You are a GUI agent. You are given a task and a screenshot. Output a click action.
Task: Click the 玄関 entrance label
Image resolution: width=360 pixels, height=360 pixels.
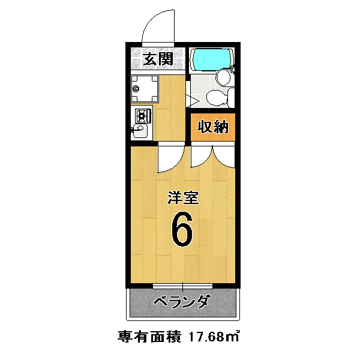(x=158, y=59)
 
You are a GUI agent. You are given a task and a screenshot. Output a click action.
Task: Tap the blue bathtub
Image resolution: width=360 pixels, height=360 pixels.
(x=212, y=59)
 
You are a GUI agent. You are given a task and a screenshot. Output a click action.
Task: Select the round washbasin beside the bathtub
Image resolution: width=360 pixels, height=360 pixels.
(x=223, y=77)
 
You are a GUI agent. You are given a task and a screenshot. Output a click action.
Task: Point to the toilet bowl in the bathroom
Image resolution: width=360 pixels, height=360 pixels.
(x=217, y=98)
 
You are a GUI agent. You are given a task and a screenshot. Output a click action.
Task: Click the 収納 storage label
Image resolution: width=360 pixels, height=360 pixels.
(x=213, y=127)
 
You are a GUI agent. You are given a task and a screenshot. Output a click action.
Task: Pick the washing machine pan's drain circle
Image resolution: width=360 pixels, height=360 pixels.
(x=137, y=88)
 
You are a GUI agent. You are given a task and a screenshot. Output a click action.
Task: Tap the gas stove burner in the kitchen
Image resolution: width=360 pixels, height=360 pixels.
(x=143, y=116)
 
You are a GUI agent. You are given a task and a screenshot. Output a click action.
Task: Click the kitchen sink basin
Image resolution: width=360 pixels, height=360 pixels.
(x=140, y=131)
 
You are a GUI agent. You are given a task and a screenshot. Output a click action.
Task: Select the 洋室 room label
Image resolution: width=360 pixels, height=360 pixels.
(x=183, y=197)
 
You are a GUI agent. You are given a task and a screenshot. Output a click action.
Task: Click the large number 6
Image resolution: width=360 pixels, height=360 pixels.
(x=182, y=229)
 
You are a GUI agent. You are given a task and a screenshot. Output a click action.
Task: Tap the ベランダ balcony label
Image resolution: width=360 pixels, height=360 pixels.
(x=182, y=301)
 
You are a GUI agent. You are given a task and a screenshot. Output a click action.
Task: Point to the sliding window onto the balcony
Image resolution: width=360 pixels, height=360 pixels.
(x=183, y=286)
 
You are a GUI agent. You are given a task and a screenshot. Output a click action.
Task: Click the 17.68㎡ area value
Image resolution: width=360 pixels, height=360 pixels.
(x=213, y=337)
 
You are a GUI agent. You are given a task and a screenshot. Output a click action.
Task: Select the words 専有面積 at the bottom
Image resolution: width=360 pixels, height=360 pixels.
(x=149, y=337)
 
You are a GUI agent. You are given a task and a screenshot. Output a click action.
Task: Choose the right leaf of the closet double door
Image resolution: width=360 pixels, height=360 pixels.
(x=224, y=155)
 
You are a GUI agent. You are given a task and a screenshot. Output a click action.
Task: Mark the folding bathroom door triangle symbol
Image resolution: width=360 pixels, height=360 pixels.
(x=193, y=101)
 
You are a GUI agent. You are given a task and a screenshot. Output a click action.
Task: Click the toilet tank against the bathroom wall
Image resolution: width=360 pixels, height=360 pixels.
(x=231, y=98)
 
